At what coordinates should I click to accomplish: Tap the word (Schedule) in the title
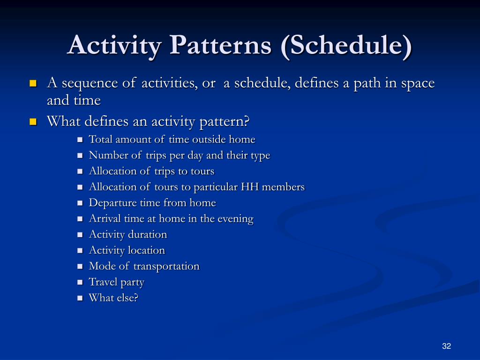[346, 45]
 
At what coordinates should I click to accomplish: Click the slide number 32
[446, 346]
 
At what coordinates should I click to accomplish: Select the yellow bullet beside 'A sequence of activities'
[33, 83]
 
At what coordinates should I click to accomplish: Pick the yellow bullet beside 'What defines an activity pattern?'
[33, 122]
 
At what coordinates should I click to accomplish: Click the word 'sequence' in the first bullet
[90, 83]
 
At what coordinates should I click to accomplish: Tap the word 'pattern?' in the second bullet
[225, 122]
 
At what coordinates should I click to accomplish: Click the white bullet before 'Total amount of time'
[80, 140]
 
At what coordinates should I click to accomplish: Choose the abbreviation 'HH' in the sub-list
[250, 187]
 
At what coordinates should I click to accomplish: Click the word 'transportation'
[166, 266]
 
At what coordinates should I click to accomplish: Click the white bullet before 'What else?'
[80, 298]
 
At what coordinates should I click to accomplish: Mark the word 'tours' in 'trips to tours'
[202, 171]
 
